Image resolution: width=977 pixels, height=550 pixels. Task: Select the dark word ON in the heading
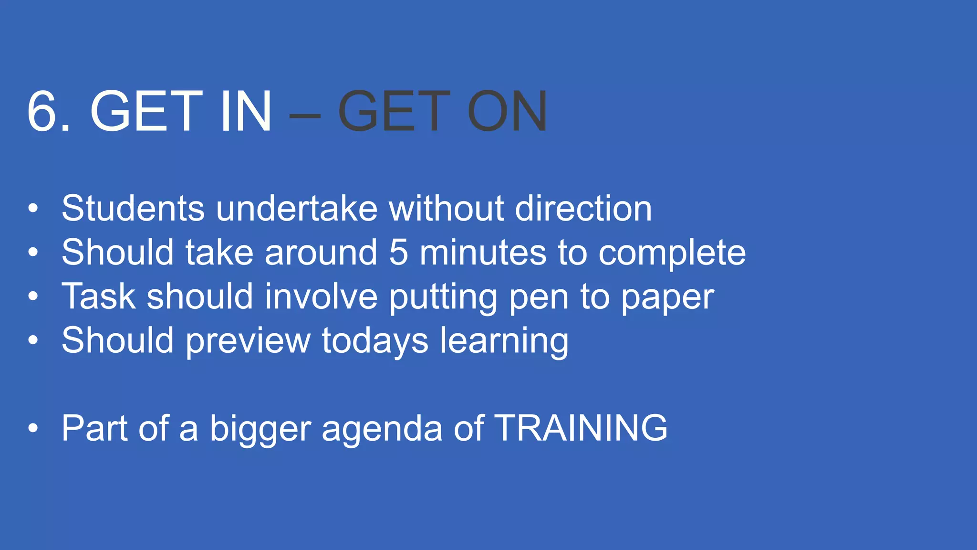[507, 111]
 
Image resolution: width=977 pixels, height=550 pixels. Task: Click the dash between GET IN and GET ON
[304, 115]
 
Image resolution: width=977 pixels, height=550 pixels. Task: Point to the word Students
[133, 209]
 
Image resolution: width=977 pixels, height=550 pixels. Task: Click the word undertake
[297, 209]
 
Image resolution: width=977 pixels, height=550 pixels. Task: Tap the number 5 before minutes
[399, 253]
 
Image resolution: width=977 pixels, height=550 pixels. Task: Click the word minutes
[483, 253]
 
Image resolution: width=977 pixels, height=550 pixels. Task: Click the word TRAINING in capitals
[581, 428]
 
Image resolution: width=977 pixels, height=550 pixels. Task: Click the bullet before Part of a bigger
[32, 428]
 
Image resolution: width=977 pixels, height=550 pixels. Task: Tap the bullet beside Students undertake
[32, 209]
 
